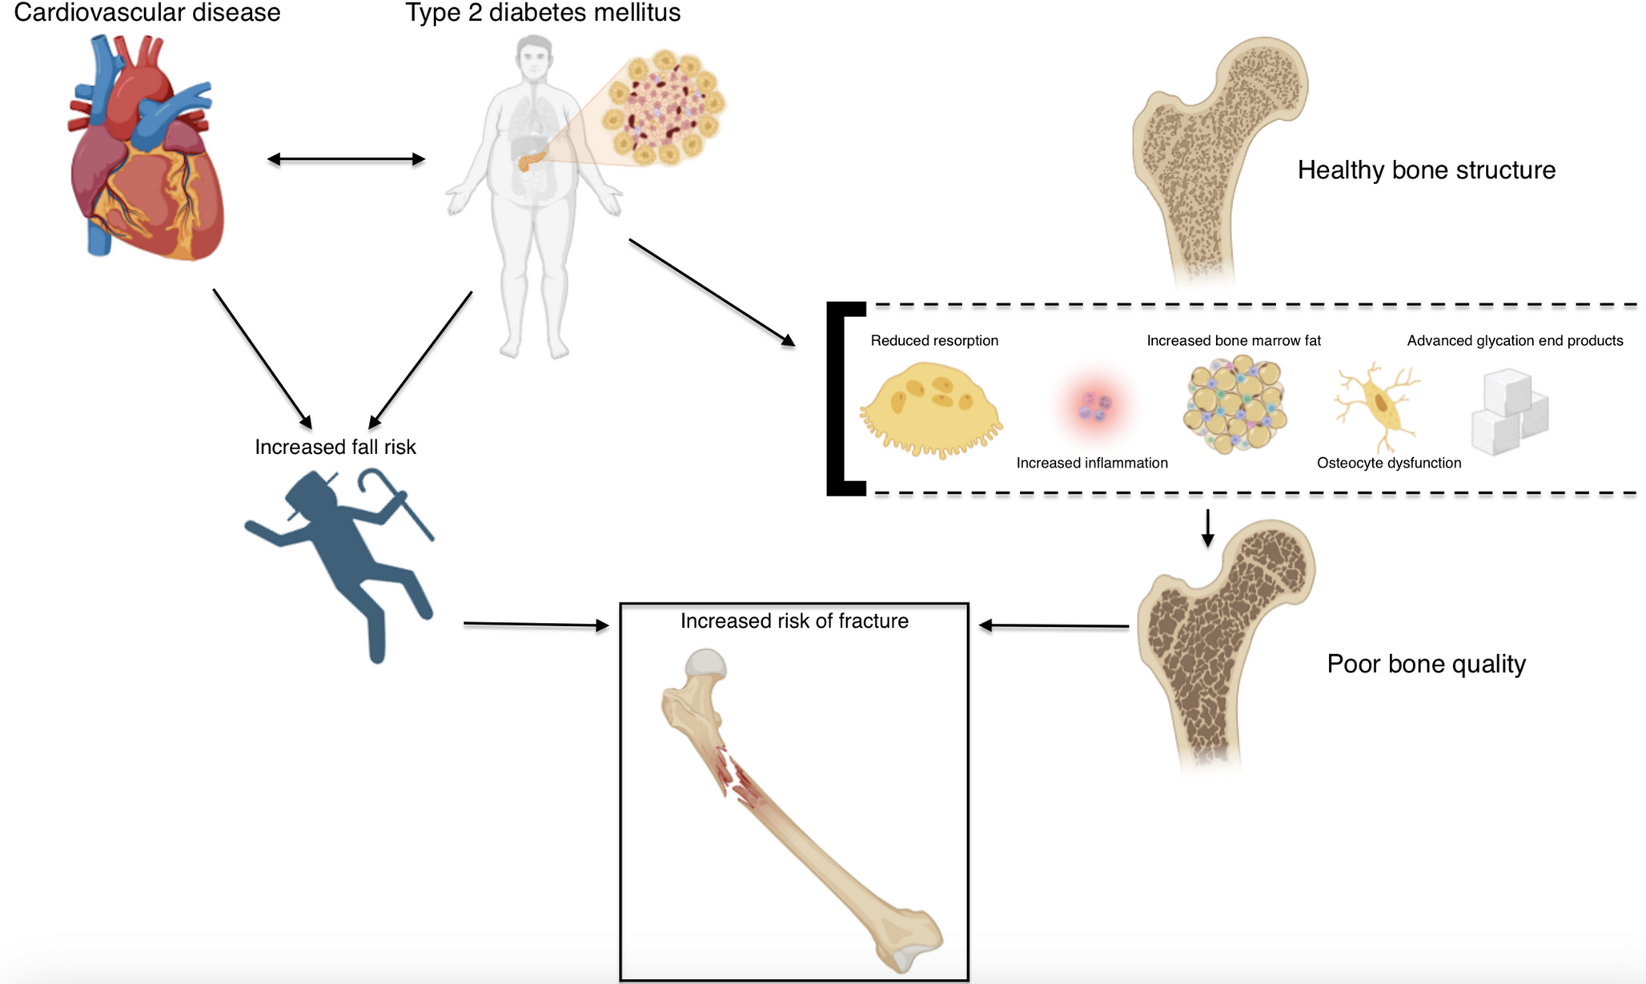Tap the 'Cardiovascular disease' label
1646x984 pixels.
point(147,13)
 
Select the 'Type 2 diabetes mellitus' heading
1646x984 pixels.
point(543,13)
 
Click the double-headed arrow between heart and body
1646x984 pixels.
point(346,159)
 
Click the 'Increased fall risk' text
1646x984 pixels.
point(335,447)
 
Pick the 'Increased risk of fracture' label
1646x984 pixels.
point(794,621)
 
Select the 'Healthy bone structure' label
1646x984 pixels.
point(1426,170)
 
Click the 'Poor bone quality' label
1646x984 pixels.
point(1426,664)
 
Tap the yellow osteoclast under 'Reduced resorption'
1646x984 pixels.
point(930,408)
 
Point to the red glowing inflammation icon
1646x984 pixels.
point(1094,406)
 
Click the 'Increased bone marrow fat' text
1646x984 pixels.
point(1234,340)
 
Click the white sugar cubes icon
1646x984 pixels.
point(1509,411)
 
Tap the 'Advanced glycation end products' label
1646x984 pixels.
point(1515,340)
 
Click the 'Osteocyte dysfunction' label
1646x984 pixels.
point(1389,463)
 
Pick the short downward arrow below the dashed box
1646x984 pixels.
point(1207,528)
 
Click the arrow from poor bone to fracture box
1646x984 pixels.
point(1054,625)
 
